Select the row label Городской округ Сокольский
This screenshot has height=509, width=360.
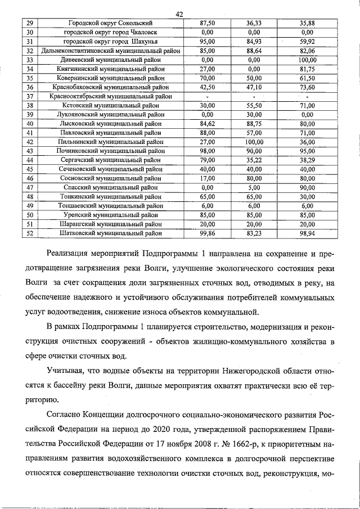(x=110, y=23)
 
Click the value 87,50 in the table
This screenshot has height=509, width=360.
(x=208, y=23)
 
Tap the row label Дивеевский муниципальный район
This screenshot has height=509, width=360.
(x=110, y=60)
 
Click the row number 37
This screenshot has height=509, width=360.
(x=30, y=96)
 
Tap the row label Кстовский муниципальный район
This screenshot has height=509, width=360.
(x=110, y=105)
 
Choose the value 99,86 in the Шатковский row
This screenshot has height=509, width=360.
(x=208, y=232)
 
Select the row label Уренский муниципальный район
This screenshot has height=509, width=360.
(x=110, y=214)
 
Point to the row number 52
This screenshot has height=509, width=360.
(x=30, y=232)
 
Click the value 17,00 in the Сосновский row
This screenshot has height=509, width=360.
(x=208, y=178)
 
